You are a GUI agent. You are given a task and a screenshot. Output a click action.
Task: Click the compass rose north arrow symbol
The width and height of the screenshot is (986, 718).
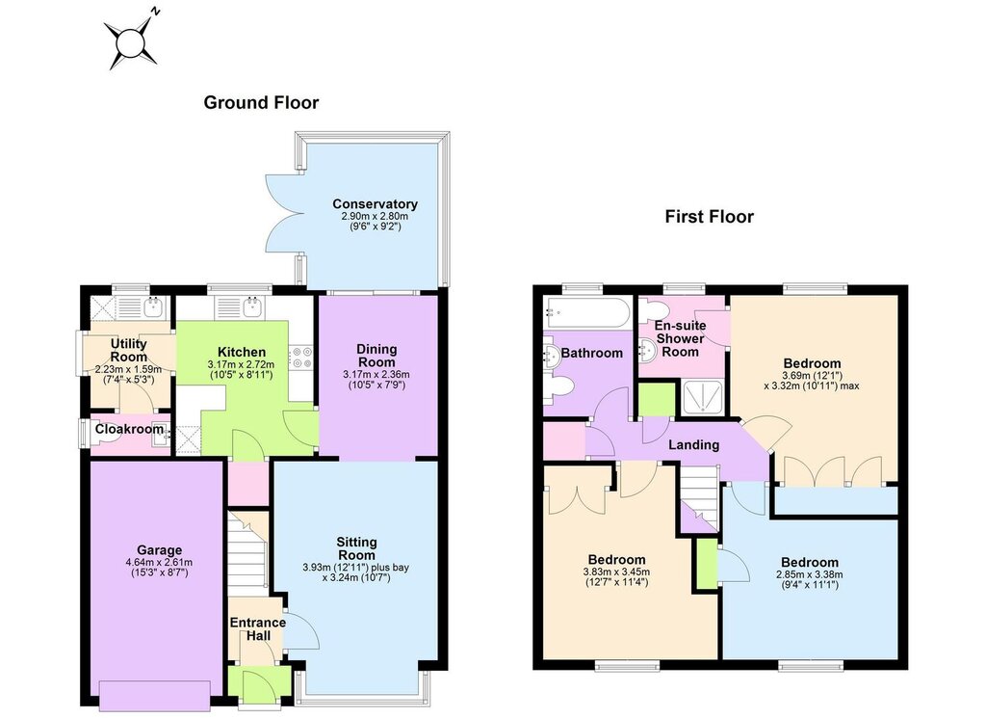click(130, 41)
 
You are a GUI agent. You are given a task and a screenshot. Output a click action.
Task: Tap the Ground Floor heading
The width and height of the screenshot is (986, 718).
click(261, 102)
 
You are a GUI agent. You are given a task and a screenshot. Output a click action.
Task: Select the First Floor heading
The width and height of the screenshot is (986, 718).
click(710, 217)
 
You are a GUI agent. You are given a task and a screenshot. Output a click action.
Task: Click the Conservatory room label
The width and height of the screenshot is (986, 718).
click(375, 204)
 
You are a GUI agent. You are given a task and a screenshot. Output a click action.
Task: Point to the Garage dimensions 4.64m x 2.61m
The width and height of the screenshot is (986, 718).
click(159, 563)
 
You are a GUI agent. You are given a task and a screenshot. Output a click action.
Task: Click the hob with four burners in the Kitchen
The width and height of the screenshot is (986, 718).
click(300, 359)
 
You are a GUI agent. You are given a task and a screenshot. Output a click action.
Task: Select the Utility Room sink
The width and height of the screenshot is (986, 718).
click(153, 307)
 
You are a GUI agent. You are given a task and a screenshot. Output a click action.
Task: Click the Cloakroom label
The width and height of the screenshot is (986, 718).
click(130, 429)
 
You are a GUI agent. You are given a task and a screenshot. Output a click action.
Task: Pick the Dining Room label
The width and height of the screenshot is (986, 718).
click(376, 356)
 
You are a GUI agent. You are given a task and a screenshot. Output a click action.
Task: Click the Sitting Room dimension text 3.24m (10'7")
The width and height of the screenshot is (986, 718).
click(356, 577)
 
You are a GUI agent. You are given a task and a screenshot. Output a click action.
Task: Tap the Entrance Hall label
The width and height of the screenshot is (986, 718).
click(258, 629)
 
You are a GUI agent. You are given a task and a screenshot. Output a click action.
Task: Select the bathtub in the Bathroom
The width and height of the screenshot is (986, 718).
click(586, 312)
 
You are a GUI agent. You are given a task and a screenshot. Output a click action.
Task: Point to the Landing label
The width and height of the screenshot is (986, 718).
click(693, 445)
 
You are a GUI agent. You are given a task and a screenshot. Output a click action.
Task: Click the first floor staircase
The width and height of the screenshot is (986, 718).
click(699, 498)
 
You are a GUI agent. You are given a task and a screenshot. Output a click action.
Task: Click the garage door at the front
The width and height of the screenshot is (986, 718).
click(155, 697)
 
